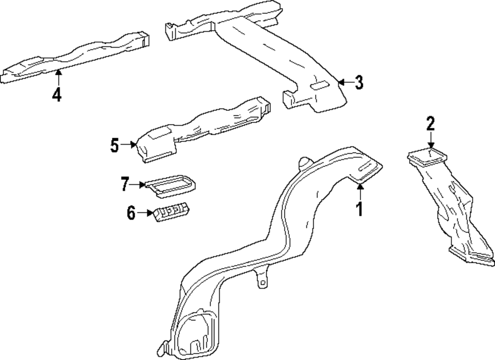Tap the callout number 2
click(431, 122)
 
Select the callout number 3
click(359, 83)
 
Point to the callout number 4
click(57, 94)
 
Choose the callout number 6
click(131, 213)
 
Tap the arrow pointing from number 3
click(345, 82)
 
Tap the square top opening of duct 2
click(429, 157)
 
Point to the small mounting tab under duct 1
click(260, 280)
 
